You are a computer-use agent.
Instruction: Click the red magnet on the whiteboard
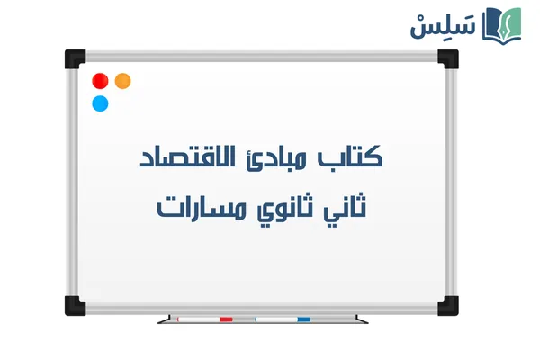click(100, 80)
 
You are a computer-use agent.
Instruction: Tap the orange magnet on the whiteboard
click(123, 80)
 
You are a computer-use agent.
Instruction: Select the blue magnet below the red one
click(100, 103)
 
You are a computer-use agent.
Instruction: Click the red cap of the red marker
click(226, 319)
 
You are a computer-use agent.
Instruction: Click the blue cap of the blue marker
click(303, 319)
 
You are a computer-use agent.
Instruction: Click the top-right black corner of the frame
click(447, 58)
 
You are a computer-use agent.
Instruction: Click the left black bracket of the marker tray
click(163, 319)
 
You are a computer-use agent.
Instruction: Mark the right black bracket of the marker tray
click(361, 319)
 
